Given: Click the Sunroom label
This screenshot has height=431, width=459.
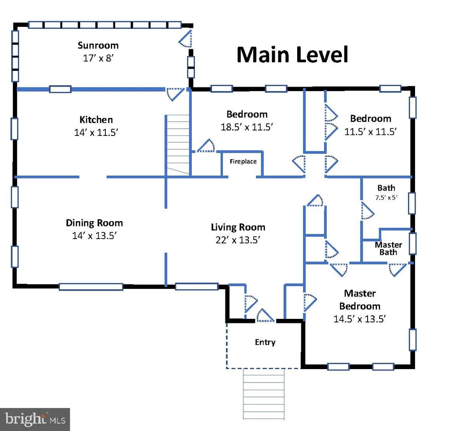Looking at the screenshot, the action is click(x=98, y=45).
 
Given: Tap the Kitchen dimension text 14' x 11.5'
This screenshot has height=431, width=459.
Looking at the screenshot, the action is click(x=96, y=132).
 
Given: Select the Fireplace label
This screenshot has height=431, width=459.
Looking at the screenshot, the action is click(x=243, y=161).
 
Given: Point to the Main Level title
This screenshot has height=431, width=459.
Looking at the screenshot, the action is click(x=292, y=55).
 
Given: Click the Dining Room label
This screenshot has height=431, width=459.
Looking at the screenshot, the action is click(x=94, y=223).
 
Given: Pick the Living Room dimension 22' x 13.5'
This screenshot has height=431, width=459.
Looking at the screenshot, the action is click(x=238, y=240).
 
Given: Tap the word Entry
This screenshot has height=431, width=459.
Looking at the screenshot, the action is click(x=265, y=342).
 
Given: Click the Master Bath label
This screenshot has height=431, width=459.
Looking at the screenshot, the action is click(x=389, y=248).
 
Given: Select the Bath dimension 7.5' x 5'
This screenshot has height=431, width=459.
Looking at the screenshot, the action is click(x=386, y=198).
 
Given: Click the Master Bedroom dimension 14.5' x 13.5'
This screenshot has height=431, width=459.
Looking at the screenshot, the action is click(x=360, y=318).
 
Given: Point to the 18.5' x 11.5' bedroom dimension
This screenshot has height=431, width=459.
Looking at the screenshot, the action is click(x=247, y=127).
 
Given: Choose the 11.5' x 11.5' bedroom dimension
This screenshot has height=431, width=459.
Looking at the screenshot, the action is click(x=370, y=131).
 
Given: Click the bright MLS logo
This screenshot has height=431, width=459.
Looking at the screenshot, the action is click(x=35, y=419).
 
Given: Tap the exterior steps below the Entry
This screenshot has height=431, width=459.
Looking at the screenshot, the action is click(x=264, y=394).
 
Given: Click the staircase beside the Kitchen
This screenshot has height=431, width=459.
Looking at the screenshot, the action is click(x=178, y=145).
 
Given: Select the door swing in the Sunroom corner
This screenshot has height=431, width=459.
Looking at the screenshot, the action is click(x=186, y=39).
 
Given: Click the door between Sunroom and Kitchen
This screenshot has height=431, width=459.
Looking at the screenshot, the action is click(x=175, y=94).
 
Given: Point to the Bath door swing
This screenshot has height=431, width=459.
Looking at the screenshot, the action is click(x=368, y=211).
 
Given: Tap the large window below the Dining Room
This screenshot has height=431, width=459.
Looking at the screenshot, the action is click(x=91, y=287).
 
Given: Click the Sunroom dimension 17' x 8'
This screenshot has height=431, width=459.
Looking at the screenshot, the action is click(x=98, y=58).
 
